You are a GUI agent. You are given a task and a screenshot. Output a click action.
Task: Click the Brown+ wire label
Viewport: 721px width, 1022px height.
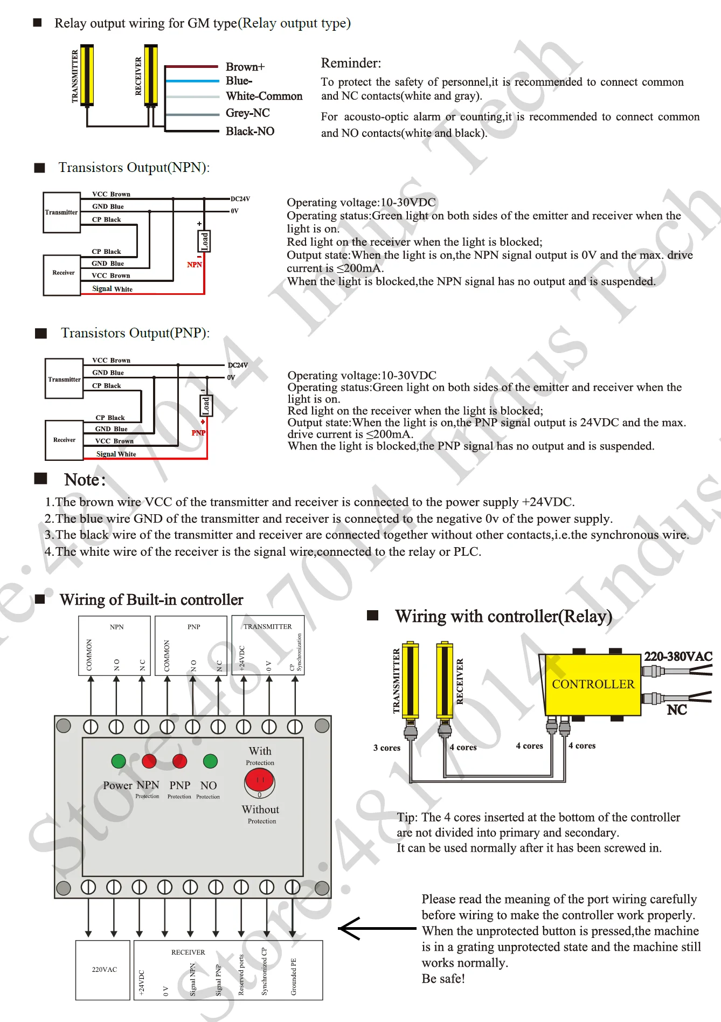coord(245,67)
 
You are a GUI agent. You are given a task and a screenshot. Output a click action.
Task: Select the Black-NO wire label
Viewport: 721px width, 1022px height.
coord(250,131)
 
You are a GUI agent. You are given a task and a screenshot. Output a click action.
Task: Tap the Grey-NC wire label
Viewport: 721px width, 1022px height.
coord(247,113)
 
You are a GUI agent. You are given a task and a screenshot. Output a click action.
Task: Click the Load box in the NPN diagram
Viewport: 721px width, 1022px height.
coord(204,241)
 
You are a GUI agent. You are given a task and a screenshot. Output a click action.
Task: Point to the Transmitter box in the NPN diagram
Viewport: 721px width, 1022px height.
coord(61,212)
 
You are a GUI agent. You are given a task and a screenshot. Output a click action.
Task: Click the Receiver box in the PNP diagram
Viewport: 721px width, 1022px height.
coord(64,440)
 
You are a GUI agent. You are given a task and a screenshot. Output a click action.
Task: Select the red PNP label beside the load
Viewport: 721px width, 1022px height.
coord(198,433)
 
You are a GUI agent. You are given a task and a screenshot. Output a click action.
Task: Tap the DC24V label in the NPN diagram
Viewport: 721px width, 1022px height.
coord(240,199)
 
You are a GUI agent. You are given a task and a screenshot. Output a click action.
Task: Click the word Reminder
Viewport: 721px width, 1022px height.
coord(351,63)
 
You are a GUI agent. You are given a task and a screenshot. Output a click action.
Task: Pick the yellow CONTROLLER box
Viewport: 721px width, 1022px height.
coord(593,685)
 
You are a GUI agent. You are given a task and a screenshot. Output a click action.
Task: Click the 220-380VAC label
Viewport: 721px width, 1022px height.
coord(678,656)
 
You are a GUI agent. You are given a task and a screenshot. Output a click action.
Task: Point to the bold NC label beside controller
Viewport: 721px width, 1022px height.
coord(677,710)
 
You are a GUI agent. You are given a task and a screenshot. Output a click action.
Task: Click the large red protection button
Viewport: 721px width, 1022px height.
coord(260,781)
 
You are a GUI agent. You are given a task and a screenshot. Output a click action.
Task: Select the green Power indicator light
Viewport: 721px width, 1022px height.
coord(119,761)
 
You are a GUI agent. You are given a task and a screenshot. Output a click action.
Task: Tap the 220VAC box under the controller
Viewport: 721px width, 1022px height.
coord(104,970)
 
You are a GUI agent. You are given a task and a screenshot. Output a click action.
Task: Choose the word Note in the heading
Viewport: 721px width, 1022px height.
coord(82,480)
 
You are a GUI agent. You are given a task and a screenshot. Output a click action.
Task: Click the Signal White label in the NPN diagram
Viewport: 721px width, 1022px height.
coord(112,289)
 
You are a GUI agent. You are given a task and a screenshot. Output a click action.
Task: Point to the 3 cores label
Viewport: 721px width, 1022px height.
coord(387,748)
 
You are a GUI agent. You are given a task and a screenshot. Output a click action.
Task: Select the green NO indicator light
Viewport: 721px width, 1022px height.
coord(210,761)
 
